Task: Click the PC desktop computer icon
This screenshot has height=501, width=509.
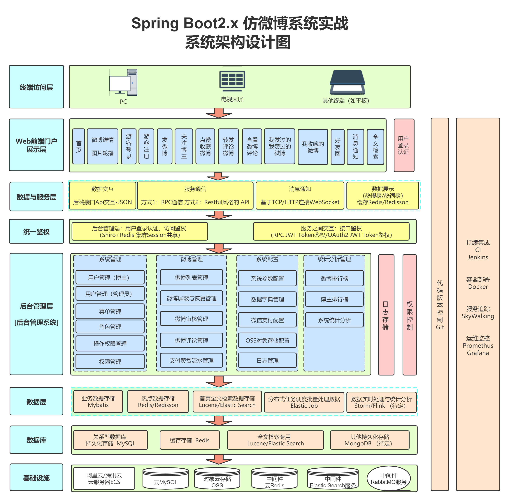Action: pyautogui.click(x=123, y=82)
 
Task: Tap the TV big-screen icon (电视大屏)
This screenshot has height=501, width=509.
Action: pyautogui.click(x=232, y=80)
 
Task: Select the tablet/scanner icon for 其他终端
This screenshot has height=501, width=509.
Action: pyautogui.click(x=347, y=82)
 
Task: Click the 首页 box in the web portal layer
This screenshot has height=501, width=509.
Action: pyautogui.click(x=78, y=147)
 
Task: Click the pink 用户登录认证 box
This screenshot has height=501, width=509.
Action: pyautogui.click(x=403, y=145)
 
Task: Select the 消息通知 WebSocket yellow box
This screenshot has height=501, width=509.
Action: pyautogui.click(x=300, y=195)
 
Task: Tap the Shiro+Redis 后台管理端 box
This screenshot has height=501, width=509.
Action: pyautogui.click(x=140, y=232)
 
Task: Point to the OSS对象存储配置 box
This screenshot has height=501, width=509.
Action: pyautogui.click(x=267, y=341)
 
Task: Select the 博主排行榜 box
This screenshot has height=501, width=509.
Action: pyautogui.click(x=334, y=299)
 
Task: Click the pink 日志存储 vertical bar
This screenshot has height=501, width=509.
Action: pyautogui.click(x=386, y=315)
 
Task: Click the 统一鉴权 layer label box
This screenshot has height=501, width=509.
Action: pyautogui.click(x=36, y=232)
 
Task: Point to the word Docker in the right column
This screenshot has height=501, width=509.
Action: pyautogui.click(x=478, y=287)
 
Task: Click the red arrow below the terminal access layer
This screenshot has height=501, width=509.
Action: pyautogui.click(x=219, y=113)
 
